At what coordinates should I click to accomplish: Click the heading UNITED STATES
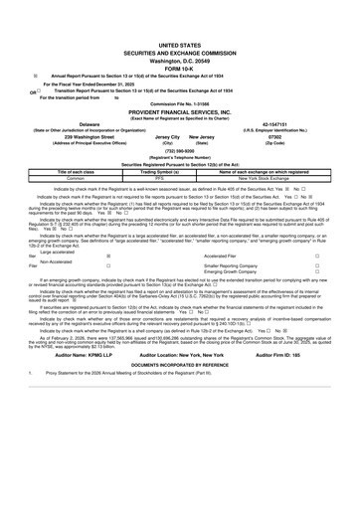(x=179, y=18)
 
